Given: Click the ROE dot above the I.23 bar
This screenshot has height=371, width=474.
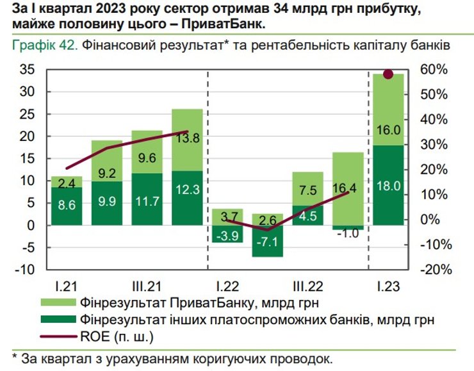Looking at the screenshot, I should click(x=388, y=74).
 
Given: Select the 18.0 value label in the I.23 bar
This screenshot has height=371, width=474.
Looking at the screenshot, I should click(x=388, y=186).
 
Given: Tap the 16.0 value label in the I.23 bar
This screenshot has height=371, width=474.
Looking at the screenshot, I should click(x=388, y=130).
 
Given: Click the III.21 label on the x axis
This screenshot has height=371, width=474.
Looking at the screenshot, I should click(x=147, y=284).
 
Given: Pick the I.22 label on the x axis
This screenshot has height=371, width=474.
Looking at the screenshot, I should click(x=227, y=284).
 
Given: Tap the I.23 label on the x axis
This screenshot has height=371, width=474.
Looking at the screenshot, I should click(x=388, y=284).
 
